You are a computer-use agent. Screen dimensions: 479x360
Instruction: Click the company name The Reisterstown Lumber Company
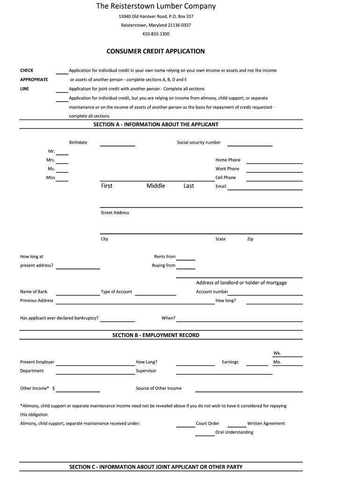156,7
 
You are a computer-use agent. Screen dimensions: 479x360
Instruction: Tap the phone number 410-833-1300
156,34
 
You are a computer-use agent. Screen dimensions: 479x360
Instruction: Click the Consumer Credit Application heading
156,51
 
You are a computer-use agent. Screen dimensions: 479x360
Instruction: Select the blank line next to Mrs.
62,162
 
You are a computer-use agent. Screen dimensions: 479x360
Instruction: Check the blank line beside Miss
62,180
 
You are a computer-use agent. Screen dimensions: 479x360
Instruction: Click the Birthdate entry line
117,145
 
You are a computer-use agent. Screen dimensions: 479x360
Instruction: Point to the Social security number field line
250,145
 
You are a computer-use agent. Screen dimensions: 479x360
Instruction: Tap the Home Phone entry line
274,162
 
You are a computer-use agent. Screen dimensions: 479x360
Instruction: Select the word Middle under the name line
156,186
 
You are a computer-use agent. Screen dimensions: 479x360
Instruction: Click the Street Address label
115,213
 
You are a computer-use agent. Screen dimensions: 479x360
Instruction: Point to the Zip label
250,239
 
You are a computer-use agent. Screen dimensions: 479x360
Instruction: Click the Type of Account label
116,292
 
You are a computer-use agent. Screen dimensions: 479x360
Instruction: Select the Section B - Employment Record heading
156,335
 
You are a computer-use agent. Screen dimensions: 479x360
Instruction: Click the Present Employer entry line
95,364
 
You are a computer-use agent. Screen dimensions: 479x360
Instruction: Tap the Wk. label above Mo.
277,353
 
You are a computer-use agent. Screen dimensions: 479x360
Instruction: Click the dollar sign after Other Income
54,388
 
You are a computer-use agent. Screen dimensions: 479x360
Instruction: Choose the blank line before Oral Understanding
204,435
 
